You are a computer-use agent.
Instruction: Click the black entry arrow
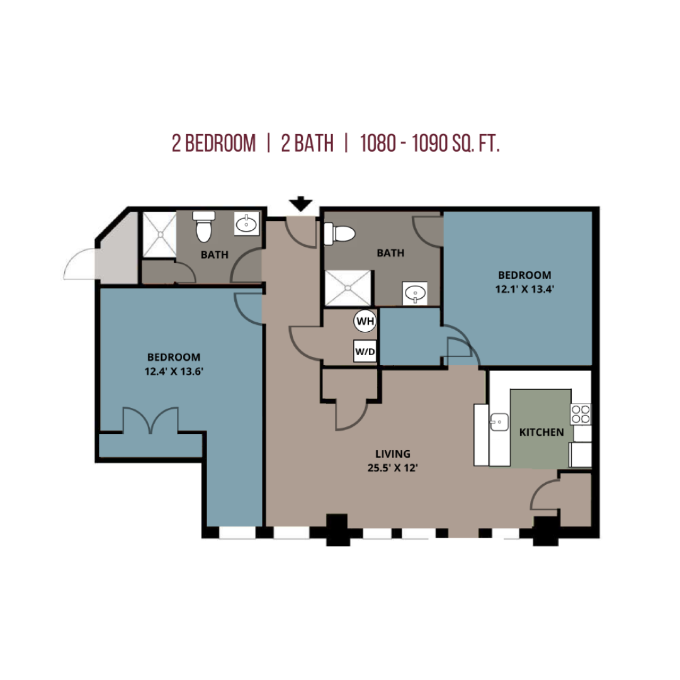[x=301, y=204]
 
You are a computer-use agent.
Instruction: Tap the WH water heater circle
[x=365, y=321]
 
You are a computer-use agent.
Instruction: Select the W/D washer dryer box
[x=365, y=351]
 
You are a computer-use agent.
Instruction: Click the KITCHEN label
[x=541, y=433]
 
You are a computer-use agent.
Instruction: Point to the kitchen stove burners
[x=581, y=414]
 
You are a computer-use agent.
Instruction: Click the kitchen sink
[x=499, y=422]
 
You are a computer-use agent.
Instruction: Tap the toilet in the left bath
[x=204, y=227]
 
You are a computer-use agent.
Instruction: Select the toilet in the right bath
[x=339, y=234]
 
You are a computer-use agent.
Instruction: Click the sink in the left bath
[x=246, y=224]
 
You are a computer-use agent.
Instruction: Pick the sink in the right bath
[x=415, y=293]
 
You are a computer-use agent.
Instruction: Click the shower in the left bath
[x=159, y=235]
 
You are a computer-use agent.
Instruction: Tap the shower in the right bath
[x=348, y=288]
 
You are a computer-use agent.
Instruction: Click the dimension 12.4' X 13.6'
[x=174, y=371]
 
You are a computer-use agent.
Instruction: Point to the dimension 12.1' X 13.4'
[x=524, y=289]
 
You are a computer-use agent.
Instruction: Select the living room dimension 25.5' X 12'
[x=392, y=468]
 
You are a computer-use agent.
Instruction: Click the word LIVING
[x=393, y=454]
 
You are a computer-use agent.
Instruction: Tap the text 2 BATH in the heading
[x=307, y=144]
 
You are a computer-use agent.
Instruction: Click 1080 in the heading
[x=378, y=144]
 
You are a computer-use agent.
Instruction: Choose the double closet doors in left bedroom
[x=150, y=420]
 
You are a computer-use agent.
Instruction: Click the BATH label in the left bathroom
[x=215, y=255]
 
